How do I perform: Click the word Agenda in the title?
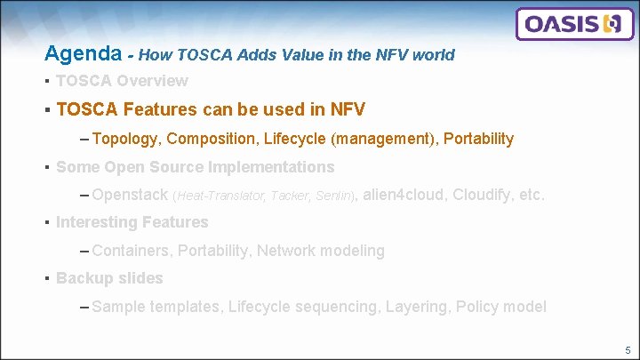click(83, 54)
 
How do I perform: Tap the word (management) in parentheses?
click(382, 139)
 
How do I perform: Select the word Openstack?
click(130, 195)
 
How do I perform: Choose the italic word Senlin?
click(334, 196)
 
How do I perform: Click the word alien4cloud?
click(405, 195)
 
